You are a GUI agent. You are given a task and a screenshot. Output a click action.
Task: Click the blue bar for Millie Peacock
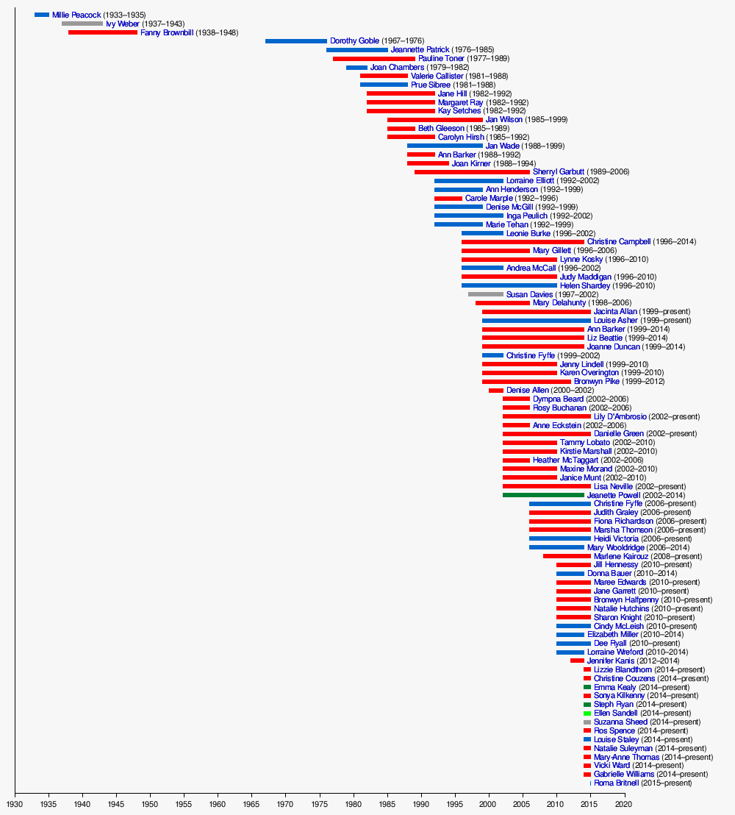(x=42, y=15)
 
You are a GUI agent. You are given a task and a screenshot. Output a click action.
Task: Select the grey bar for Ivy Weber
(x=82, y=24)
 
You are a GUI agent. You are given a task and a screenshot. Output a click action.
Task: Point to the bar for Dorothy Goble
(x=295, y=41)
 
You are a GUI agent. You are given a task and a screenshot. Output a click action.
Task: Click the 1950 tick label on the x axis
(x=151, y=804)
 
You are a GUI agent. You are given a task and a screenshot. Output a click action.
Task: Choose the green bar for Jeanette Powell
(x=543, y=495)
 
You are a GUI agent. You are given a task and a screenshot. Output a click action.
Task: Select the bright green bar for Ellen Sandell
(x=587, y=713)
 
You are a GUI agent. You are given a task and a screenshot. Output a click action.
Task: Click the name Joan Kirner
(x=471, y=163)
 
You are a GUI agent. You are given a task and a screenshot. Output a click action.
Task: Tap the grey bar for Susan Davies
(x=486, y=294)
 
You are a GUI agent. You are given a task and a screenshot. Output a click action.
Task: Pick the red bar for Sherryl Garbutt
(x=472, y=172)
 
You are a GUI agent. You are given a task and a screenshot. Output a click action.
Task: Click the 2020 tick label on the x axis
(x=624, y=804)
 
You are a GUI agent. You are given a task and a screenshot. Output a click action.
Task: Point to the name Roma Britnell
(x=616, y=783)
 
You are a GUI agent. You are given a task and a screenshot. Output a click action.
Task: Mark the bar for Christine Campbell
(x=523, y=241)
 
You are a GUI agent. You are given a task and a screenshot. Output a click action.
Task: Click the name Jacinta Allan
(x=615, y=312)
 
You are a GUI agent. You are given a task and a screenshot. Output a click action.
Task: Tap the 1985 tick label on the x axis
(x=387, y=804)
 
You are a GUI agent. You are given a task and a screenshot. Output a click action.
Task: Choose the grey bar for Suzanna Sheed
(x=587, y=722)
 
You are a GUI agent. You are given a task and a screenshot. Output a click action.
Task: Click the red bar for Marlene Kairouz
(x=567, y=556)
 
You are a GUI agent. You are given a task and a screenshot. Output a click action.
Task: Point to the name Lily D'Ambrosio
(x=620, y=416)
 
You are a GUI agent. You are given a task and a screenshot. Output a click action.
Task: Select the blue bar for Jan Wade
(x=445, y=146)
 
